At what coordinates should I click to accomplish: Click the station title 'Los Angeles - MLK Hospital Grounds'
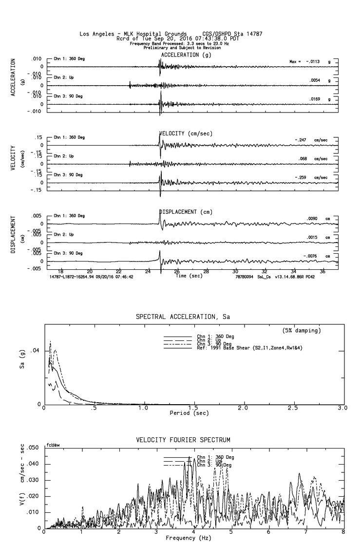133,34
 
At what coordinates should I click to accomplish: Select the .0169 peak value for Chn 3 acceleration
316,99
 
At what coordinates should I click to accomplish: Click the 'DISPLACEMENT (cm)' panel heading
186,212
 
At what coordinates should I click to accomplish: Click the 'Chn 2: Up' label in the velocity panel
64,156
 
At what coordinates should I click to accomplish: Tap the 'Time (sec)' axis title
188,276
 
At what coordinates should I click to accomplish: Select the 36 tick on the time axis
323,271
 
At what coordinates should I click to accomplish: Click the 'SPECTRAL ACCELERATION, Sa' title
183,317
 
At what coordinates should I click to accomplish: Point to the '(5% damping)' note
302,331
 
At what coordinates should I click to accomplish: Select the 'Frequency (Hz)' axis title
189,538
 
